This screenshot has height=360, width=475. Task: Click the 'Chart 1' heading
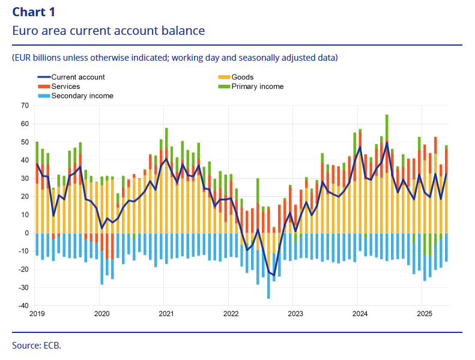pos(34,11)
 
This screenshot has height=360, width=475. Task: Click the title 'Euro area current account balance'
pos(108,31)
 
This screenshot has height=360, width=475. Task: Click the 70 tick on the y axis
pos(25,105)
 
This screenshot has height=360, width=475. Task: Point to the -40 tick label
pos(23,305)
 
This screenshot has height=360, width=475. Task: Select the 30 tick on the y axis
pos(25,178)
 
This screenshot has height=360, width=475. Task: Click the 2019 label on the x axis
pos(37,314)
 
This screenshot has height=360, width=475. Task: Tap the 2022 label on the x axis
pos(231,314)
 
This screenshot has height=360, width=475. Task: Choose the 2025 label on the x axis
pos(425,314)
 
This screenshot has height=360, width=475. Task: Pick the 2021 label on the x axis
pos(166,314)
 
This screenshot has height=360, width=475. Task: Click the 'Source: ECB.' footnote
pos(37,346)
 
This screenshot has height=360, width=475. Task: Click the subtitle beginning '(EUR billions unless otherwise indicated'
pos(175,58)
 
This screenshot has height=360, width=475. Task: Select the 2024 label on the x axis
pos(360,314)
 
